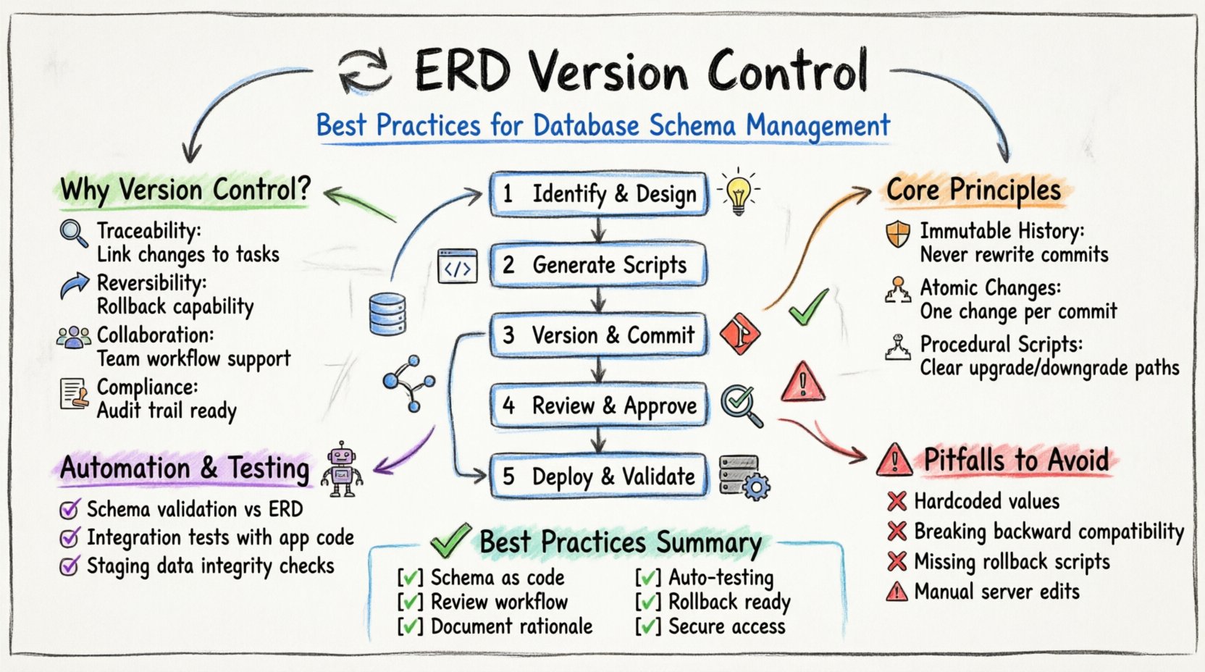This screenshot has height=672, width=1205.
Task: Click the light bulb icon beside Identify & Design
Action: (737, 193)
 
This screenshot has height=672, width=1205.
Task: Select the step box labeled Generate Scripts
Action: (598, 265)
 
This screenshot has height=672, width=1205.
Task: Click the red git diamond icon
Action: (740, 335)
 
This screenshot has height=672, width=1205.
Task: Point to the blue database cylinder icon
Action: (387, 314)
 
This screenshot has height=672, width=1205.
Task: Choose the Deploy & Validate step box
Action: (598, 476)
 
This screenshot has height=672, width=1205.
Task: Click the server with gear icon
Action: (744, 477)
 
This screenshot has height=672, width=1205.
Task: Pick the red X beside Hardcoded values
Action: (897, 501)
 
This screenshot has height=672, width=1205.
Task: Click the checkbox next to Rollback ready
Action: (647, 602)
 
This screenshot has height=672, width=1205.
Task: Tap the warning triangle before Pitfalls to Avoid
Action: (894, 461)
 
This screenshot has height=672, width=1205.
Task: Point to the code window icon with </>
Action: (458, 266)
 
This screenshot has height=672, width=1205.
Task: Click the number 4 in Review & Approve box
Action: (509, 406)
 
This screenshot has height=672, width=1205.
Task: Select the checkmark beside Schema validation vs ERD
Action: (70, 510)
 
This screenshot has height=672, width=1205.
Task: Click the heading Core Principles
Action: (973, 190)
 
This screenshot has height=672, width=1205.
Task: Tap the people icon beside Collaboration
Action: (74, 337)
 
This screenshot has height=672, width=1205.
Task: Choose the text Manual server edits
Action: (996, 592)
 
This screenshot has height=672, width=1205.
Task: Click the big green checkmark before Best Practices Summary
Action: (450, 542)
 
